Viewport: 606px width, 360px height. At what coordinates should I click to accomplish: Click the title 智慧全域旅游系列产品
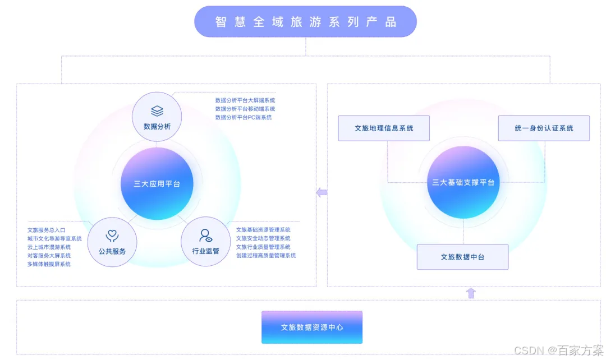point(305,22)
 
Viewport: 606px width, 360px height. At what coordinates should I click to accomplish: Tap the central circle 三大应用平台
point(157,183)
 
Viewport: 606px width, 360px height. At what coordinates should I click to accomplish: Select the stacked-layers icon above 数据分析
point(157,111)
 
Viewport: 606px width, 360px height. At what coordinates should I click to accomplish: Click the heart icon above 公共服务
point(112,237)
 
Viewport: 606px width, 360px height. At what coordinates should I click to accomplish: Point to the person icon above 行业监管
point(206,236)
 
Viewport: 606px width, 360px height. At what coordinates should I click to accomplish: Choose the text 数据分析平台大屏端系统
point(245,100)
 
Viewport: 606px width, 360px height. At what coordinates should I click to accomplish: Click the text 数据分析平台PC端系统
point(244,118)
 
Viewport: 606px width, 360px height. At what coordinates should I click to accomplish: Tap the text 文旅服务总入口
point(47,230)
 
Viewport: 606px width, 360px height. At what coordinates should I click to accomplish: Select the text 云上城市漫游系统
point(49,247)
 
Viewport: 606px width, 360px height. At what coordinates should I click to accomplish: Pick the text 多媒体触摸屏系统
point(49,264)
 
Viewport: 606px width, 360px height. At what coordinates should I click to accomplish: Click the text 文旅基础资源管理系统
point(263,230)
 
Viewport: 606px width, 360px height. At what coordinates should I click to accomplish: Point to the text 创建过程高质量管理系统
point(266,256)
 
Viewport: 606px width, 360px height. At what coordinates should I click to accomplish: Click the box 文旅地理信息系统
point(384,128)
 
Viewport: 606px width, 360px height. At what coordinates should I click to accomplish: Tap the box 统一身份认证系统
point(544,128)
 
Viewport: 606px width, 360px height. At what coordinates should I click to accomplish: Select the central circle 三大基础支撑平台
point(463,182)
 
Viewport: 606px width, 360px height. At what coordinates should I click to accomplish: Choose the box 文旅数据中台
point(462,257)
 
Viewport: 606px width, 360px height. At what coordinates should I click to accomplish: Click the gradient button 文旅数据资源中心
point(312,327)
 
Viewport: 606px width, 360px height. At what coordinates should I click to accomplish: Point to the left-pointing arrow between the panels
point(322,193)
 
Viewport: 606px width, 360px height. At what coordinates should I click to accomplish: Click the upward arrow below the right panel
point(471,293)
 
